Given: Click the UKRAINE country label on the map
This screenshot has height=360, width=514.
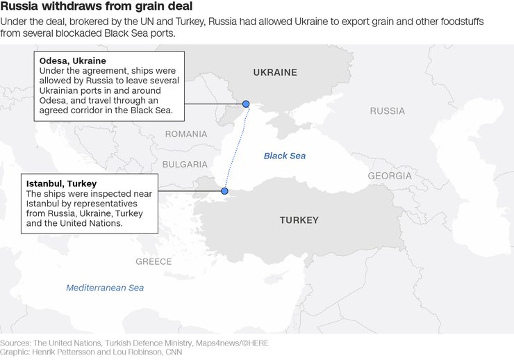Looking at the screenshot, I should pyautogui.click(x=274, y=72).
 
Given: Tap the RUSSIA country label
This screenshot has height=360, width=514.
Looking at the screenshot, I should pyautogui.click(x=387, y=111).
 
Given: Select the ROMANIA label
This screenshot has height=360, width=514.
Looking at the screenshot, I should pyautogui.click(x=185, y=133).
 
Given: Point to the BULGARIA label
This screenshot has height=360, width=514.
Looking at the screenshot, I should pyautogui.click(x=184, y=165).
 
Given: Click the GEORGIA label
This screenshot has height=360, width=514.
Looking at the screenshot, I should pyautogui.click(x=390, y=176).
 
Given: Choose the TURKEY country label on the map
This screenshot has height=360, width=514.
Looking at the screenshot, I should pyautogui.click(x=299, y=220).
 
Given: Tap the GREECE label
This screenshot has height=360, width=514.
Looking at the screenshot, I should pyautogui.click(x=154, y=262).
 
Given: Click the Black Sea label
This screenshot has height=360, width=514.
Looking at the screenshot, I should pyautogui.click(x=284, y=156).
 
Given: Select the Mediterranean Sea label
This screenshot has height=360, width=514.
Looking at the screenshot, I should pyautogui.click(x=105, y=287).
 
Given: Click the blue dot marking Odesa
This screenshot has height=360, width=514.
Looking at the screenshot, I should pyautogui.click(x=246, y=104).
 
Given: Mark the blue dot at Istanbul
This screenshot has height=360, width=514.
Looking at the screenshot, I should pyautogui.click(x=224, y=190).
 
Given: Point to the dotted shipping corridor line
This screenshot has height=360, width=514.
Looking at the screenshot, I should pyautogui.click(x=236, y=146).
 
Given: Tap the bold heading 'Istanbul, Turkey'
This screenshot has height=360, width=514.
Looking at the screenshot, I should pyautogui.click(x=61, y=183).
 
